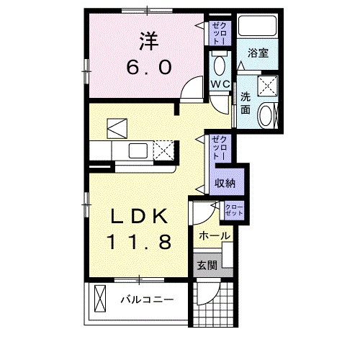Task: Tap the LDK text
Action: coord(140,215)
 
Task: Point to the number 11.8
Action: coord(140,241)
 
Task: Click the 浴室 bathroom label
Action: coord(258,53)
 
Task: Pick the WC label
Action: coord(220,84)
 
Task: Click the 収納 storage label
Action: coord(225,184)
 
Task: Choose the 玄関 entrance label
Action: coord(207,264)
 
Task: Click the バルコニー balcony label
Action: coord(147,299)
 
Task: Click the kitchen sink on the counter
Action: coord(136,151)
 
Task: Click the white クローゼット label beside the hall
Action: coord(234,210)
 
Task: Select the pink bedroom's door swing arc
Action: coord(189,92)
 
